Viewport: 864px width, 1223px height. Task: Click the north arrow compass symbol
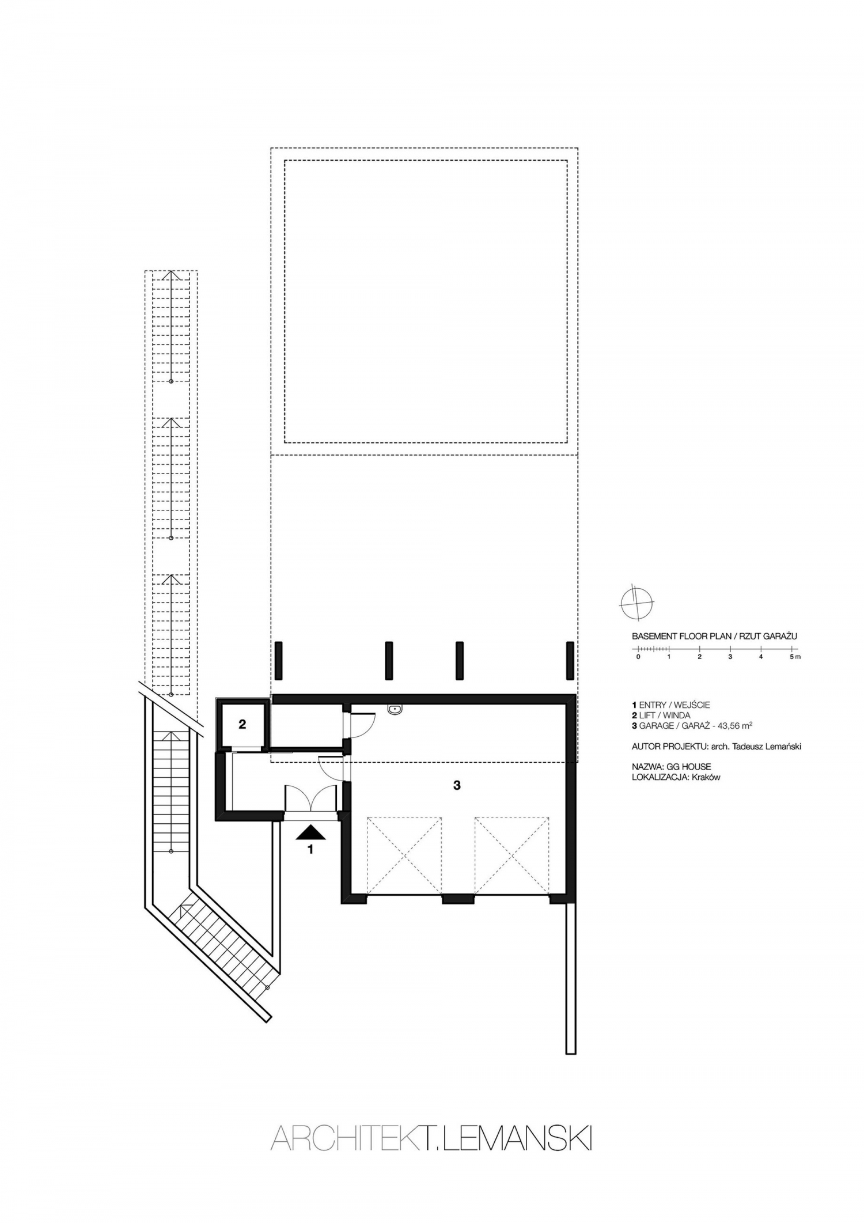point(636,603)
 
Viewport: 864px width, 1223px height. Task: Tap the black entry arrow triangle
point(311,832)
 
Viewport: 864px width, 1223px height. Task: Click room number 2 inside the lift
point(242,724)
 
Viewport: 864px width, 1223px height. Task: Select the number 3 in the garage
point(457,785)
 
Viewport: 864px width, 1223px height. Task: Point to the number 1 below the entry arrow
point(310,849)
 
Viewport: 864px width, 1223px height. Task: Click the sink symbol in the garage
point(395,710)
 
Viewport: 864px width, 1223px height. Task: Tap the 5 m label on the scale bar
point(795,657)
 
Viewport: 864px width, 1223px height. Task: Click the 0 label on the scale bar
point(638,657)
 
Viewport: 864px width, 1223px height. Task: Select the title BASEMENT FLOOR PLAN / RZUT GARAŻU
point(714,637)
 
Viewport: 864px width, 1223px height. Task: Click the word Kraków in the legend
point(707,777)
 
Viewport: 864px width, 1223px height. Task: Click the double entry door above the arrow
point(312,798)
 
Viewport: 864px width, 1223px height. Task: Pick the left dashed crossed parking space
point(404,855)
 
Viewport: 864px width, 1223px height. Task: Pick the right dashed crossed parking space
point(511,855)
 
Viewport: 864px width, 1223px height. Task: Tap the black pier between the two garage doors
point(458,898)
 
